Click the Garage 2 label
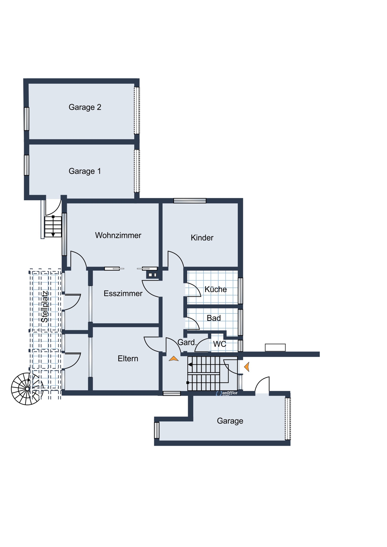click(85, 107)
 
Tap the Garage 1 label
click(85, 171)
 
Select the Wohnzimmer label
click(118, 235)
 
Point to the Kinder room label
click(202, 238)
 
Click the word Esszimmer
click(123, 293)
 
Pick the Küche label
click(216, 289)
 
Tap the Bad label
click(214, 318)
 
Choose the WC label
click(220, 344)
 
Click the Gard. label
click(187, 342)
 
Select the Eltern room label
click(128, 358)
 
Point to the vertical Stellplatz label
click(44, 307)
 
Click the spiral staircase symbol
click(27, 389)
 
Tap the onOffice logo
click(227, 393)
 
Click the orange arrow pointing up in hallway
click(173, 359)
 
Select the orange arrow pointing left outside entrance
click(247, 367)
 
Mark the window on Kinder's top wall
click(190, 201)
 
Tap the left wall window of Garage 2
click(27, 119)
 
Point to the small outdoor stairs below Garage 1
click(53, 226)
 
